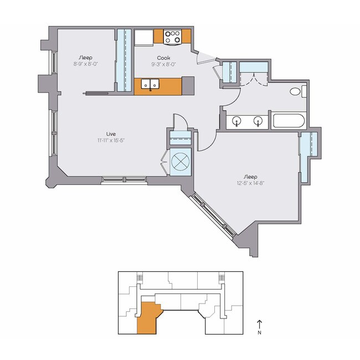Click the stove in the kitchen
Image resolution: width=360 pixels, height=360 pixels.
pos(173,37)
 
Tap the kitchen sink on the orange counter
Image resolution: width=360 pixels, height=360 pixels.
pos(151,85)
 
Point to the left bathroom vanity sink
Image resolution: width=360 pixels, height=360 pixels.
pos(237,121)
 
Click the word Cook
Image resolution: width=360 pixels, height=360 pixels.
pos(163,58)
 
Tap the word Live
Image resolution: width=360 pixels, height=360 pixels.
pos(111,133)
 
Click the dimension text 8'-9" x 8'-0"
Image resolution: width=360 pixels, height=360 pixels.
pos(85,64)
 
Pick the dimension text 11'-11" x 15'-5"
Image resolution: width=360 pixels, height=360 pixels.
pos(111,140)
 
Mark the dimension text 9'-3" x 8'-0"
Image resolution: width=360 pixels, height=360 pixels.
pos(163,64)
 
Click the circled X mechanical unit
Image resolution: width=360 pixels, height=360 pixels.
pos(180,162)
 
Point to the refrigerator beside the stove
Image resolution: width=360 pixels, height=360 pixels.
pos(145,37)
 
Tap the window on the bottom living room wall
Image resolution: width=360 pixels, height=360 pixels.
pos(124,179)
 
